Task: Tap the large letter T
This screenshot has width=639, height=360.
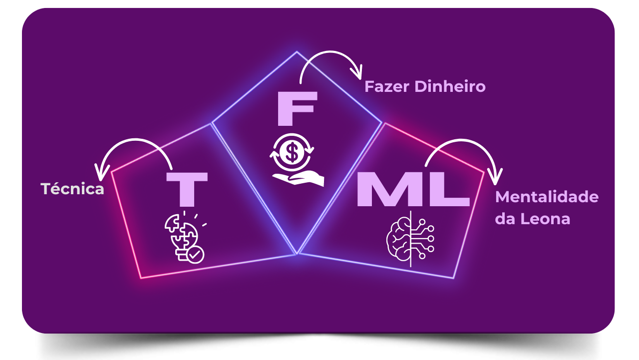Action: tap(187, 189)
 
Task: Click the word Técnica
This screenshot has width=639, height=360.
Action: tap(72, 189)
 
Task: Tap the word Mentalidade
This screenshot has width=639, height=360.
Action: tap(547, 197)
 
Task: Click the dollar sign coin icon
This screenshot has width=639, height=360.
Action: tap(290, 153)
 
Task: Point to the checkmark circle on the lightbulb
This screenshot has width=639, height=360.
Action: tap(195, 255)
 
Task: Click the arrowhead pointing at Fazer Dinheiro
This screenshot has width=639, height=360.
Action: tap(356, 74)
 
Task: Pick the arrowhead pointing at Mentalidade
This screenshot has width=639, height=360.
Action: tap(496, 177)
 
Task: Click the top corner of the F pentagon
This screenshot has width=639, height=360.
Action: tap(297, 52)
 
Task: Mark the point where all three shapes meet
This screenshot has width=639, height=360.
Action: tap(297, 254)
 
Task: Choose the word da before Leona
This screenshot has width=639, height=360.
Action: tap(505, 219)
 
